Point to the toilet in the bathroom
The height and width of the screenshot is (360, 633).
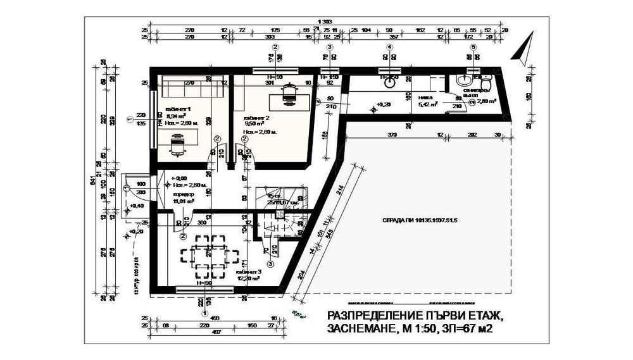[x=486, y=83]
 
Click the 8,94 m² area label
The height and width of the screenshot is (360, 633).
[x=175, y=116]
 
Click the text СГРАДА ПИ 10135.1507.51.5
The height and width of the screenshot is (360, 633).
[x=420, y=221]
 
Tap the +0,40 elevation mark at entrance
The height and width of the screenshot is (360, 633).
[x=134, y=206]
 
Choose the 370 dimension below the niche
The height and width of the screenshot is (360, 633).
[x=392, y=135]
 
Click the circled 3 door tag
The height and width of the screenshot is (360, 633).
[x=270, y=264]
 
